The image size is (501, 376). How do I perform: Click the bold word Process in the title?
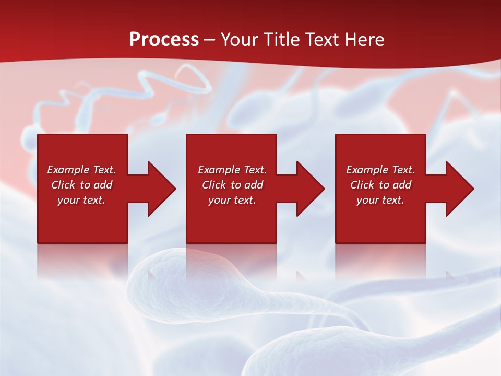click(164, 40)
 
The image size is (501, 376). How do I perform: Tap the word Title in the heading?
click(281, 40)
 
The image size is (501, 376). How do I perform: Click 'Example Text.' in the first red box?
click(81, 170)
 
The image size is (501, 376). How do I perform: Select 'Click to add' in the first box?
click(81, 185)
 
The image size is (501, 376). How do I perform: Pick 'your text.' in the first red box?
click(81, 200)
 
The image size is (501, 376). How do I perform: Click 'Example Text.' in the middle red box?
click(232, 170)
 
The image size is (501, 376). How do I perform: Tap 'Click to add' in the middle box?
click(232, 185)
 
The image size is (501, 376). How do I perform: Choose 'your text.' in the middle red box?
click(232, 200)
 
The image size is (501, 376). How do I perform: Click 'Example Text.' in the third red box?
click(380, 170)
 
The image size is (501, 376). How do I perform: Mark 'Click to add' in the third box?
click(380, 185)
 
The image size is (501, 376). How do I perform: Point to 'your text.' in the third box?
click(380, 200)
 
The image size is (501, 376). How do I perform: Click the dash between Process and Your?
click(209, 40)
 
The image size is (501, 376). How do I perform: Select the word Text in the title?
click(321, 40)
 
